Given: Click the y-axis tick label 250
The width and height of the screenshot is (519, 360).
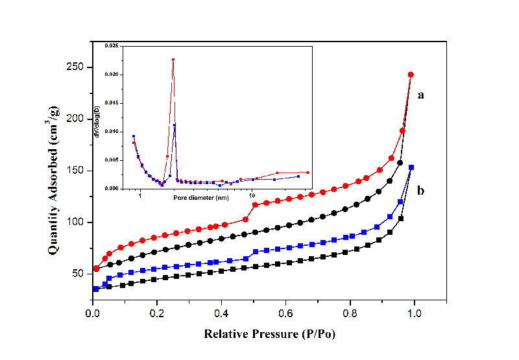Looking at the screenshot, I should [77, 67].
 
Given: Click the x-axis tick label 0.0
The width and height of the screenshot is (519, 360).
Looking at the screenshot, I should [93, 313].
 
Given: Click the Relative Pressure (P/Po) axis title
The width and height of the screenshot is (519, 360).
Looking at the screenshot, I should [271, 335].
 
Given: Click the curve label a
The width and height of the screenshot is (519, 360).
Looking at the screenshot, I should [421, 95].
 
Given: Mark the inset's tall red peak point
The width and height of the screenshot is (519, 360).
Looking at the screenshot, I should [173, 60].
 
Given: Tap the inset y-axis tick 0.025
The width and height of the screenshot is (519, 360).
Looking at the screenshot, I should [112, 46].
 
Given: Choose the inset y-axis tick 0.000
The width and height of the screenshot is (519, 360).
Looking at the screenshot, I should [112, 189].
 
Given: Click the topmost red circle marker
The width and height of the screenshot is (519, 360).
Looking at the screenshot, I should [411, 75].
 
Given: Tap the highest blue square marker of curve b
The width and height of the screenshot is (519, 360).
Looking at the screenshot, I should [411, 167].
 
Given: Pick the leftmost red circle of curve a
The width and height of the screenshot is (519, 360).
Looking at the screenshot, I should [97, 269].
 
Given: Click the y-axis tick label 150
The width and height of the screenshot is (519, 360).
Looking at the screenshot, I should [77, 171].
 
